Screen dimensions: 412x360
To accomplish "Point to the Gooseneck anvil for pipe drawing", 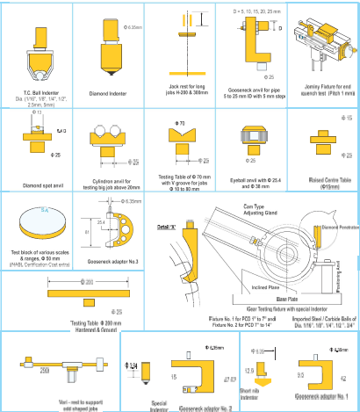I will (x=255, y=48).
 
